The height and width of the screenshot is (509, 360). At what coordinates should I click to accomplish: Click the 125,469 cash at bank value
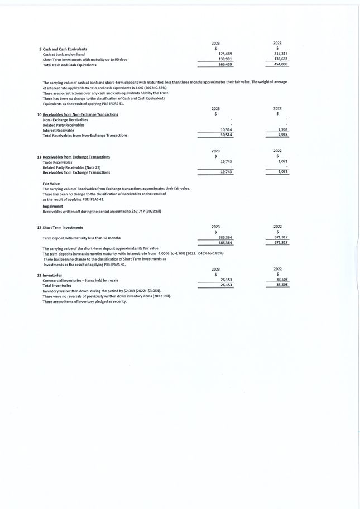225,54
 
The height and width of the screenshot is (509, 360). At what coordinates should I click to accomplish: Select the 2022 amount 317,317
281,54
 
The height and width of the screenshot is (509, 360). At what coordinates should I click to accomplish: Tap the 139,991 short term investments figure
225,59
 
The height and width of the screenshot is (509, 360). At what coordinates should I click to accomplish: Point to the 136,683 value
281,59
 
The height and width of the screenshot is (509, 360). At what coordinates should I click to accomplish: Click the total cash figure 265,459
225,65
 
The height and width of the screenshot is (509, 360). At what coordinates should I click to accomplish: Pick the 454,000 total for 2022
281,65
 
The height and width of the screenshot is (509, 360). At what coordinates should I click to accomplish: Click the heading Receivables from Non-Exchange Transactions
80,114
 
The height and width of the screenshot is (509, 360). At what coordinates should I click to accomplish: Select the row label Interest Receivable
58,130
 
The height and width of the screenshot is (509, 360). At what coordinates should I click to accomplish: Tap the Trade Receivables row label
57,162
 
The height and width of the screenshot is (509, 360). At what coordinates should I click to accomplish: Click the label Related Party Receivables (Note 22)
71,167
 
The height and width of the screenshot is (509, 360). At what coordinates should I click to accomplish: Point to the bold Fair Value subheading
51,184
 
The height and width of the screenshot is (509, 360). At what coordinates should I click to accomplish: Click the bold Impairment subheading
52,207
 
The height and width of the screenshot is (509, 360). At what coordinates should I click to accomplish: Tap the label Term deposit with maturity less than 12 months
81,238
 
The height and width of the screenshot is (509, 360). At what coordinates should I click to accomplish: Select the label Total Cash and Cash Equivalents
70,65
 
